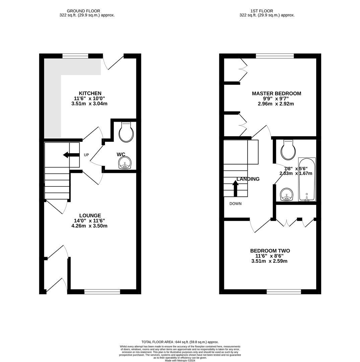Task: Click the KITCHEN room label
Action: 90,93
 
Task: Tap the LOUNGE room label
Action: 90,216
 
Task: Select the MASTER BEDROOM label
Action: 276,94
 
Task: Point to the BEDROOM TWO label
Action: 270,251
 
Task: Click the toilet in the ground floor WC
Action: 126,132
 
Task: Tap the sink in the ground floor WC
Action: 125,163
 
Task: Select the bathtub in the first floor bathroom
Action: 307,179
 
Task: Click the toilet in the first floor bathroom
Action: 288,150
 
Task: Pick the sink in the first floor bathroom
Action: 286,194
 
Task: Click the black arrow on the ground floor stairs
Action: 71,155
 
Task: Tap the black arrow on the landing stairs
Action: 235,188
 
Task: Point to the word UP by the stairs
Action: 86,155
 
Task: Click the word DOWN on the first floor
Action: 235,204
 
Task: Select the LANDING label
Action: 248,179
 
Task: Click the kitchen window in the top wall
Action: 75,56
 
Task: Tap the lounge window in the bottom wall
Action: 102,292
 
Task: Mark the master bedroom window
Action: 275,56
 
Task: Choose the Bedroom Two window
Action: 284,292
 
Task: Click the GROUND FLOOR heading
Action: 83,11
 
